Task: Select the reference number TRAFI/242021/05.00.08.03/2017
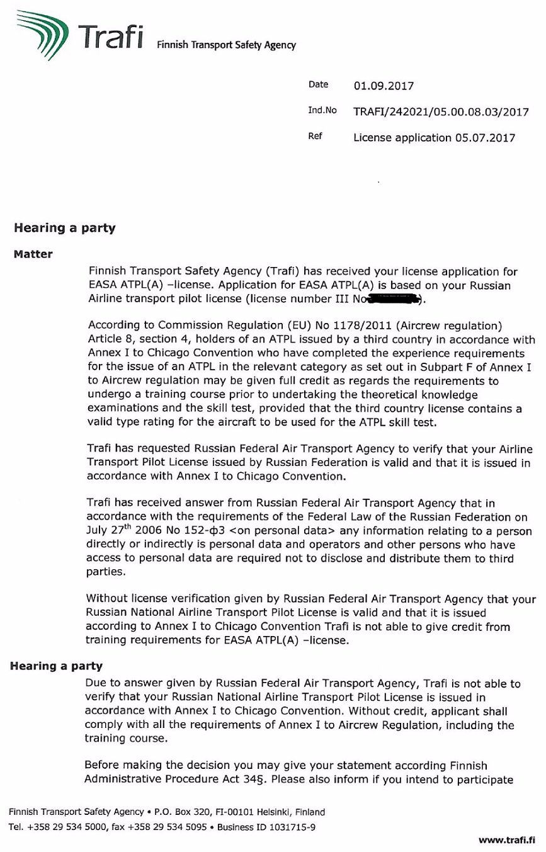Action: tap(441, 112)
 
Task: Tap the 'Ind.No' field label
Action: tap(322, 110)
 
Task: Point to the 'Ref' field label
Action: tap(315, 136)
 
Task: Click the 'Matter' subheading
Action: tap(33, 254)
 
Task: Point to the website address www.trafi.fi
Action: tap(506, 839)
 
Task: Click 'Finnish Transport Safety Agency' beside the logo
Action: tap(227, 45)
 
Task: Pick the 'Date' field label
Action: tap(319, 84)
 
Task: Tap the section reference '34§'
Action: tap(256, 781)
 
